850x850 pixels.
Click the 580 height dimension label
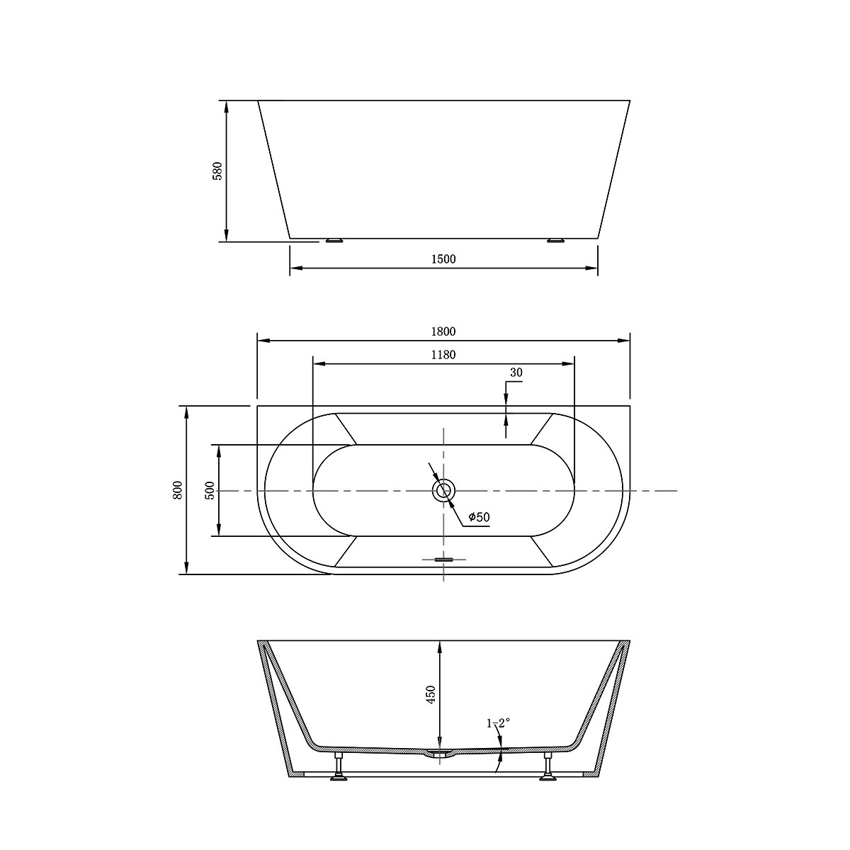218,171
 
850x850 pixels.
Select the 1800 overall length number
443,331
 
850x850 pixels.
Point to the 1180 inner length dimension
443,355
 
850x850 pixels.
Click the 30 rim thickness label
516,373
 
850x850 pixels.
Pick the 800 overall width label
178,489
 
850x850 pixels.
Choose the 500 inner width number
210,489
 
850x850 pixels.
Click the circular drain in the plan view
444,490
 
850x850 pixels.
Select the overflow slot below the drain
443,560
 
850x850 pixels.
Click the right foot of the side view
556,241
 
